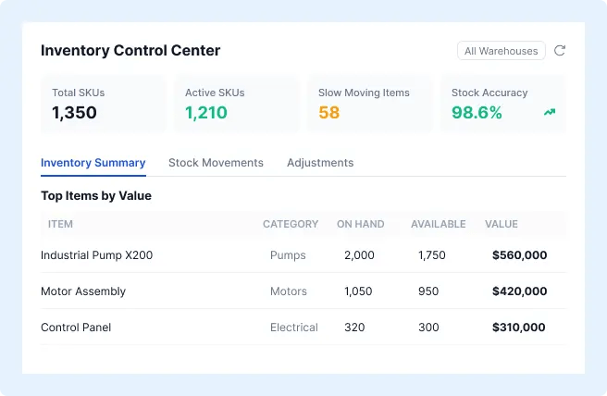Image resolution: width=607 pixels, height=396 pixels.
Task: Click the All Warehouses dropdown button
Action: pyautogui.click(x=501, y=51)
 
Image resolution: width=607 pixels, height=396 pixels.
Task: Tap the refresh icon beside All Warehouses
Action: pyautogui.click(x=560, y=51)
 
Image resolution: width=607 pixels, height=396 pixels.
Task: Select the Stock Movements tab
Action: pyautogui.click(x=216, y=163)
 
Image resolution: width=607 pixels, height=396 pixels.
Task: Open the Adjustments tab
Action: pyautogui.click(x=320, y=163)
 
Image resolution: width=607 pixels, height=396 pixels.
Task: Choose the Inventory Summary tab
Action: pyautogui.click(x=93, y=163)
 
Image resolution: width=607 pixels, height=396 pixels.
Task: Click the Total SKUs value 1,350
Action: pyautogui.click(x=74, y=113)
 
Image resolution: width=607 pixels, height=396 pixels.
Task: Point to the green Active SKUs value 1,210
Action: pyautogui.click(x=206, y=113)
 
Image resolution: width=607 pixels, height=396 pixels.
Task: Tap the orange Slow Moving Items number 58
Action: pyautogui.click(x=329, y=113)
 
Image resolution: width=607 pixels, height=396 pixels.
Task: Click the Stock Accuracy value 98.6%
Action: pyautogui.click(x=477, y=113)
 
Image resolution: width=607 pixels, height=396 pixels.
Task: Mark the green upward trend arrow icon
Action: pyautogui.click(x=550, y=112)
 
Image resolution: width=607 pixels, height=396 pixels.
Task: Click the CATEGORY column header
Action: pyautogui.click(x=291, y=224)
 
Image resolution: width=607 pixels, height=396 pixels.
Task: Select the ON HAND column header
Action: pyautogui.click(x=361, y=224)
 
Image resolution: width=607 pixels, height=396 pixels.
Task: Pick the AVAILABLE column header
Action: pyautogui.click(x=439, y=224)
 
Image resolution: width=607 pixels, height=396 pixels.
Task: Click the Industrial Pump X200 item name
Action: pyautogui.click(x=97, y=255)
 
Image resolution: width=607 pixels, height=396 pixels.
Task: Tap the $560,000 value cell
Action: pyautogui.click(x=519, y=255)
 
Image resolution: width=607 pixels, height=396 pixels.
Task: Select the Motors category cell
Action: pyautogui.click(x=289, y=291)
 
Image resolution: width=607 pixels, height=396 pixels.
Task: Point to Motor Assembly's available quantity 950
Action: pyautogui.click(x=428, y=291)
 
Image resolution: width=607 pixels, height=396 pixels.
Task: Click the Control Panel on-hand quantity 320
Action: pyautogui.click(x=354, y=328)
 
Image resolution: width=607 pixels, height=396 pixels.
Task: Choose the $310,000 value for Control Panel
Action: pyautogui.click(x=519, y=328)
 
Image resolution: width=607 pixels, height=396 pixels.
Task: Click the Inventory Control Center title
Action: pyautogui.click(x=130, y=50)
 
